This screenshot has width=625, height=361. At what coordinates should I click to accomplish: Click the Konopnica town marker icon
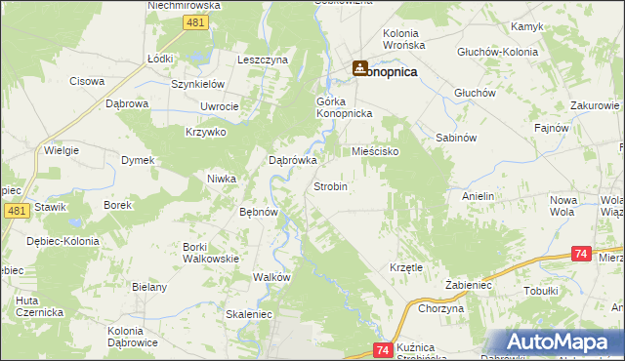click(358, 67)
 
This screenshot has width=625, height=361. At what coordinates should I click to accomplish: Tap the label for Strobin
click(330, 185)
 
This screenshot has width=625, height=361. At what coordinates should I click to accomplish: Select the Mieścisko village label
click(375, 152)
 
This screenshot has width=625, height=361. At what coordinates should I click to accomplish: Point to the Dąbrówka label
click(293, 161)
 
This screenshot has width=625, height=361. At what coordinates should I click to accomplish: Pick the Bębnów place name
click(260, 211)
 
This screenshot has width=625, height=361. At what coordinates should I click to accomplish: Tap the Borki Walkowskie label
click(211, 253)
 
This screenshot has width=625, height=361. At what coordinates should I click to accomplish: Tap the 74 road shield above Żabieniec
click(581, 254)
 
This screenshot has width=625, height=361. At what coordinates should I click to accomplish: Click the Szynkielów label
click(198, 85)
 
